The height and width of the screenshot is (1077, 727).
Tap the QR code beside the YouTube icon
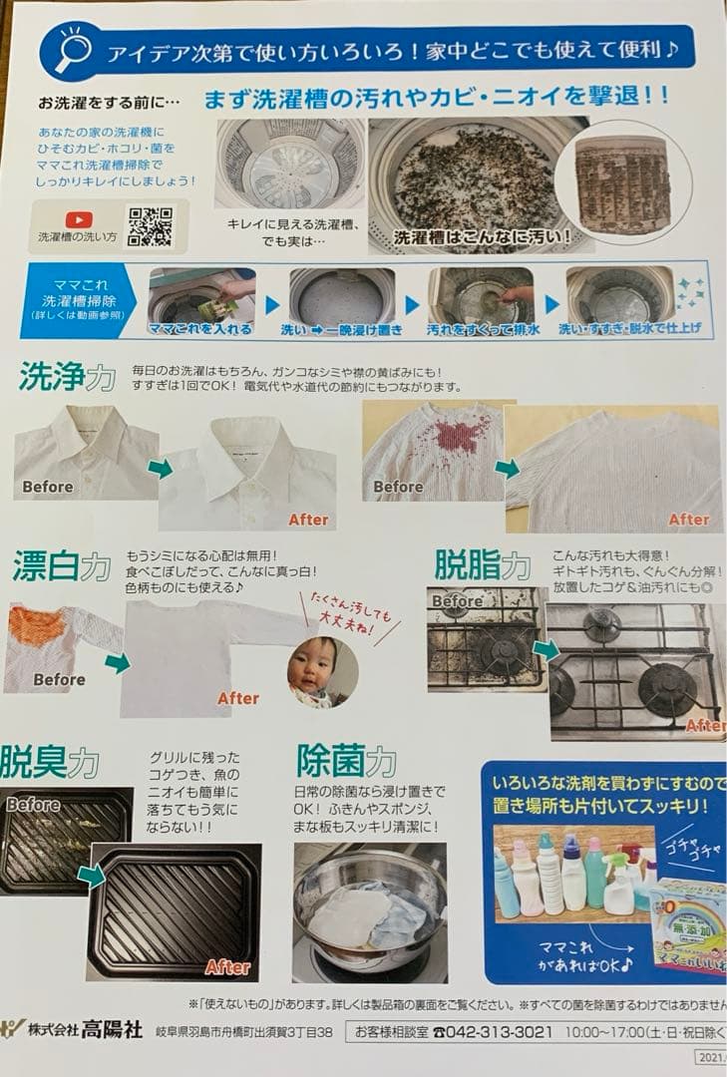(150, 226)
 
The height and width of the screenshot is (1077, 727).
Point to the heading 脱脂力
(483, 564)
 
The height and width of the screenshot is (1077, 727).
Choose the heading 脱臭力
(50, 762)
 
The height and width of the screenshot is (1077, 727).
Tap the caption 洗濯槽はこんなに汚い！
(482, 237)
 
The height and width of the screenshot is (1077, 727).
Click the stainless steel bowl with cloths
(369, 907)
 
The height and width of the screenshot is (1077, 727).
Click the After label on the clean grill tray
(227, 966)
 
